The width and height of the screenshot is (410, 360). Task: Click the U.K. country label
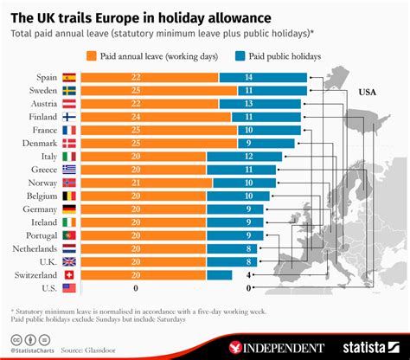point(45,260)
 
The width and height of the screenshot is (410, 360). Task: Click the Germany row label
point(42,209)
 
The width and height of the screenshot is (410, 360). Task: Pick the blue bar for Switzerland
point(219,274)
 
